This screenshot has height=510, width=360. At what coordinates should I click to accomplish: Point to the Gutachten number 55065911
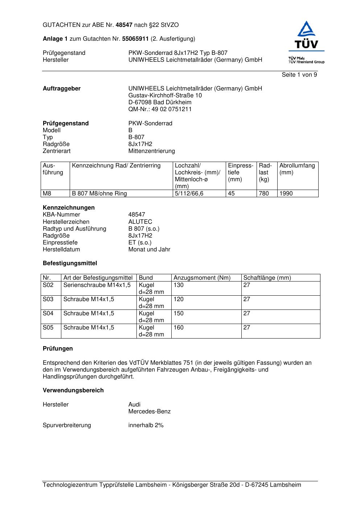tap(135, 39)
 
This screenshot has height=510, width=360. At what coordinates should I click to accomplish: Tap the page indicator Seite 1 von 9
tap(299, 75)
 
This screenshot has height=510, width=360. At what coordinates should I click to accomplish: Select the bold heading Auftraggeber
tap(62, 89)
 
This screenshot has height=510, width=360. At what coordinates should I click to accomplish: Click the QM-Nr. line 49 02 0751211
tap(160, 109)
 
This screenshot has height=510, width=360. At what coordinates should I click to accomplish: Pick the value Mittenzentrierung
tap(151, 151)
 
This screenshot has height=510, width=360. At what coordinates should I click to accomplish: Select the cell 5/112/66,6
tap(189, 194)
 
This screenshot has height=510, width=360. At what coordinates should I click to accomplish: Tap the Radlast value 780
tap(264, 194)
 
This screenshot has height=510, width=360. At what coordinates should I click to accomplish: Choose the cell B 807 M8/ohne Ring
tap(99, 194)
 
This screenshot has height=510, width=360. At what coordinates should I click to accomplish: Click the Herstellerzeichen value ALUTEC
tap(140, 222)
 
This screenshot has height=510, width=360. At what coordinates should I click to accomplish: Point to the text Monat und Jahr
tap(149, 250)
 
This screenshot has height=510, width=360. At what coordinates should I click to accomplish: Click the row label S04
tap(48, 313)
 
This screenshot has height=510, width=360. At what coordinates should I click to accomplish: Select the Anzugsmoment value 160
tap(179, 328)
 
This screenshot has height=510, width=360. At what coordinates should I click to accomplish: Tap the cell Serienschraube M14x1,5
tap(97, 285)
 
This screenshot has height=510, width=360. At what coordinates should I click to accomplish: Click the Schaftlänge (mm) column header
tap(267, 278)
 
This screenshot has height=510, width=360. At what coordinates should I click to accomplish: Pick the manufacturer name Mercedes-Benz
tap(149, 412)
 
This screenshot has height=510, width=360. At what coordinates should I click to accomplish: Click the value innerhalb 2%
tap(146, 425)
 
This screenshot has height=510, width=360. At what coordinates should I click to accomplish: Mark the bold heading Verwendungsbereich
tap(73, 390)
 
